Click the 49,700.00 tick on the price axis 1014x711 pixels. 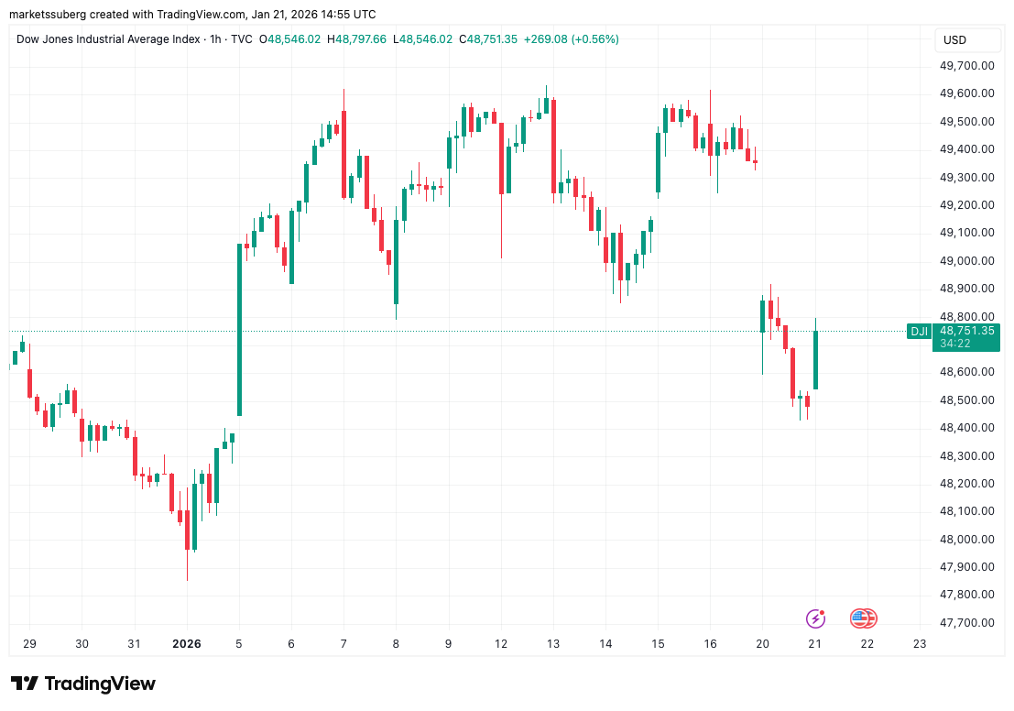tap(968, 65)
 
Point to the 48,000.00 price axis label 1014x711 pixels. tap(968, 539)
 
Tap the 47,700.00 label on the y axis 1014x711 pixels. tap(968, 622)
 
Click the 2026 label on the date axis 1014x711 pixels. tap(186, 643)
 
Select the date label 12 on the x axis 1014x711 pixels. tap(500, 643)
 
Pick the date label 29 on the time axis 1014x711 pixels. tap(29, 643)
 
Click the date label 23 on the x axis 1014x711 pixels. tap(920, 643)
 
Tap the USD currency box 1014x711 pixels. tap(954, 40)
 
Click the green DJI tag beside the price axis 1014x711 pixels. tap(919, 331)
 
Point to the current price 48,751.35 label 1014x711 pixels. tap(966, 331)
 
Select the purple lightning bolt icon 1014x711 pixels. tap(815, 618)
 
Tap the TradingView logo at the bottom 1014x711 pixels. tap(83, 684)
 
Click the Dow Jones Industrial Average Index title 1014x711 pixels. tap(107, 39)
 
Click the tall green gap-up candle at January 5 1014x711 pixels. tap(239, 330)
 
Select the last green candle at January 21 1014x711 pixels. tap(814, 359)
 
